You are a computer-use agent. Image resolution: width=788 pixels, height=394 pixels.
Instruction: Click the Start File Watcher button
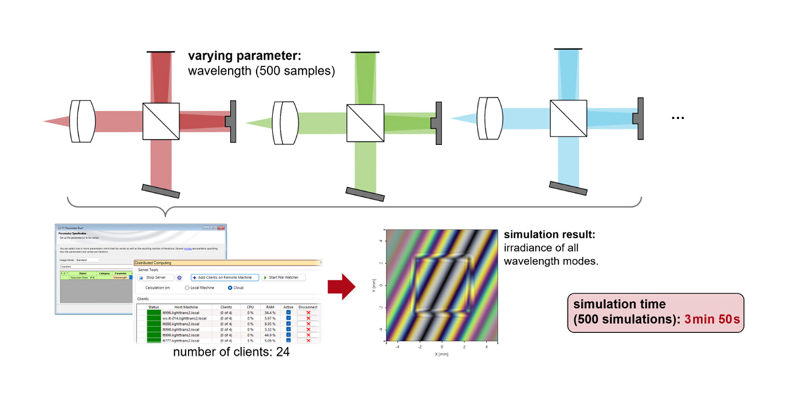[x=284, y=278]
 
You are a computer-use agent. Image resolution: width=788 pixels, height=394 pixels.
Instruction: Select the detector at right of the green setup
[x=435, y=123]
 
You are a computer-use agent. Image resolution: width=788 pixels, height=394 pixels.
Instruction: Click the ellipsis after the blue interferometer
[x=678, y=118]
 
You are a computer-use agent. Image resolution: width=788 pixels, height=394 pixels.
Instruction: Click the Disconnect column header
[x=307, y=306]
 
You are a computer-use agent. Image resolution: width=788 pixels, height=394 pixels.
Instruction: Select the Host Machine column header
[x=186, y=306]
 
